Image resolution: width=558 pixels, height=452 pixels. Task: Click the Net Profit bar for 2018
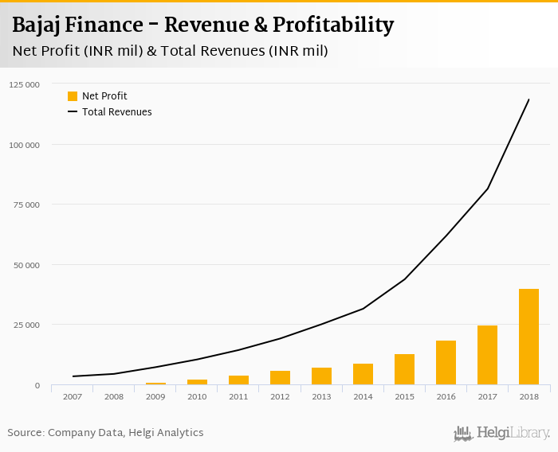point(529,337)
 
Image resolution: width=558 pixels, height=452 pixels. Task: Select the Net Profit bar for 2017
point(487,355)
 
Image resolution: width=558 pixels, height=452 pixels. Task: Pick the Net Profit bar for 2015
point(404,369)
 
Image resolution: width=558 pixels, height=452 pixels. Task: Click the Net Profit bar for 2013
point(321,376)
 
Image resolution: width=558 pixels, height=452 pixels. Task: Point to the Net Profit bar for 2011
point(238,380)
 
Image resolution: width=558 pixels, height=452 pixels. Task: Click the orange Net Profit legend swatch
point(73,96)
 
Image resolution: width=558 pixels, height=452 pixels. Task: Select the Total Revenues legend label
point(116,112)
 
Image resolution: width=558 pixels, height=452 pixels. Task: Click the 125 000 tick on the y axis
point(24,84)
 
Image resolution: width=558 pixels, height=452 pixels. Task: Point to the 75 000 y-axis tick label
point(26,205)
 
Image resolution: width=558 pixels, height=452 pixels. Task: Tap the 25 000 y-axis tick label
point(26,325)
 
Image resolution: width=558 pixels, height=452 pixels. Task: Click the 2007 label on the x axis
point(73,395)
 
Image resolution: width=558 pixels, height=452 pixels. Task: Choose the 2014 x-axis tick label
point(363,395)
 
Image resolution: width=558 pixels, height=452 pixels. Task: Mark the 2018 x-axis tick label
point(529,395)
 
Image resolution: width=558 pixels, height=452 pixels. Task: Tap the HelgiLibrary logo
point(501,433)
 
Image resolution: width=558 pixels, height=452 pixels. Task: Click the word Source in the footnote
point(26,433)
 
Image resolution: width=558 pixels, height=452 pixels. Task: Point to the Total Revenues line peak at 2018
point(529,99)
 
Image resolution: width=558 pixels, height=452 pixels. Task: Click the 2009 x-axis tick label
point(155,395)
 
